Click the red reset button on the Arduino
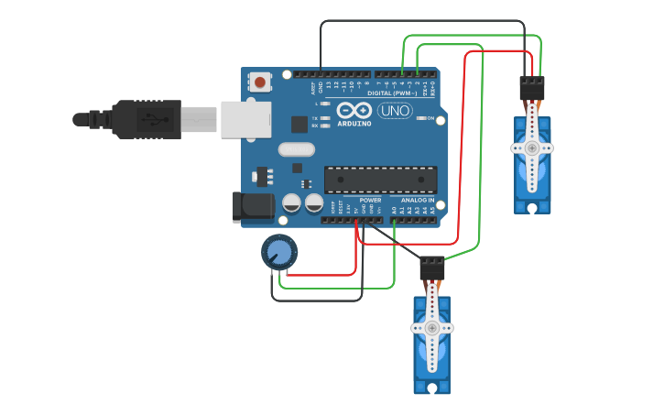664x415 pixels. click(260, 82)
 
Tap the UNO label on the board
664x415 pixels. click(395, 111)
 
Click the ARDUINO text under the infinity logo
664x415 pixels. click(354, 123)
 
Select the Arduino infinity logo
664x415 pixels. click(354, 110)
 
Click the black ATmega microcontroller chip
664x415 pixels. click(380, 180)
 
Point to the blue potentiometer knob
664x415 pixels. click(279, 252)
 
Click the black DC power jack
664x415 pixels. click(254, 207)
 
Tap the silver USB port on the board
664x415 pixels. click(245, 119)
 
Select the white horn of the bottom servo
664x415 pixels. click(431, 328)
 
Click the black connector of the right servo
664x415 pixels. click(531, 89)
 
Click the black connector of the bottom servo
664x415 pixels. click(431, 268)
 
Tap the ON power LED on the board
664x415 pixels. click(430, 118)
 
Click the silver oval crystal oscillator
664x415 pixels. click(296, 149)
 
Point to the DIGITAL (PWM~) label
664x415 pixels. click(392, 93)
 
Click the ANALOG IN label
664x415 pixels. click(418, 200)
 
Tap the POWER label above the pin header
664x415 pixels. click(370, 200)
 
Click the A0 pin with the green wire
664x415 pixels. click(394, 219)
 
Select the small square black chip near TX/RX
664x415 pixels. click(299, 125)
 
